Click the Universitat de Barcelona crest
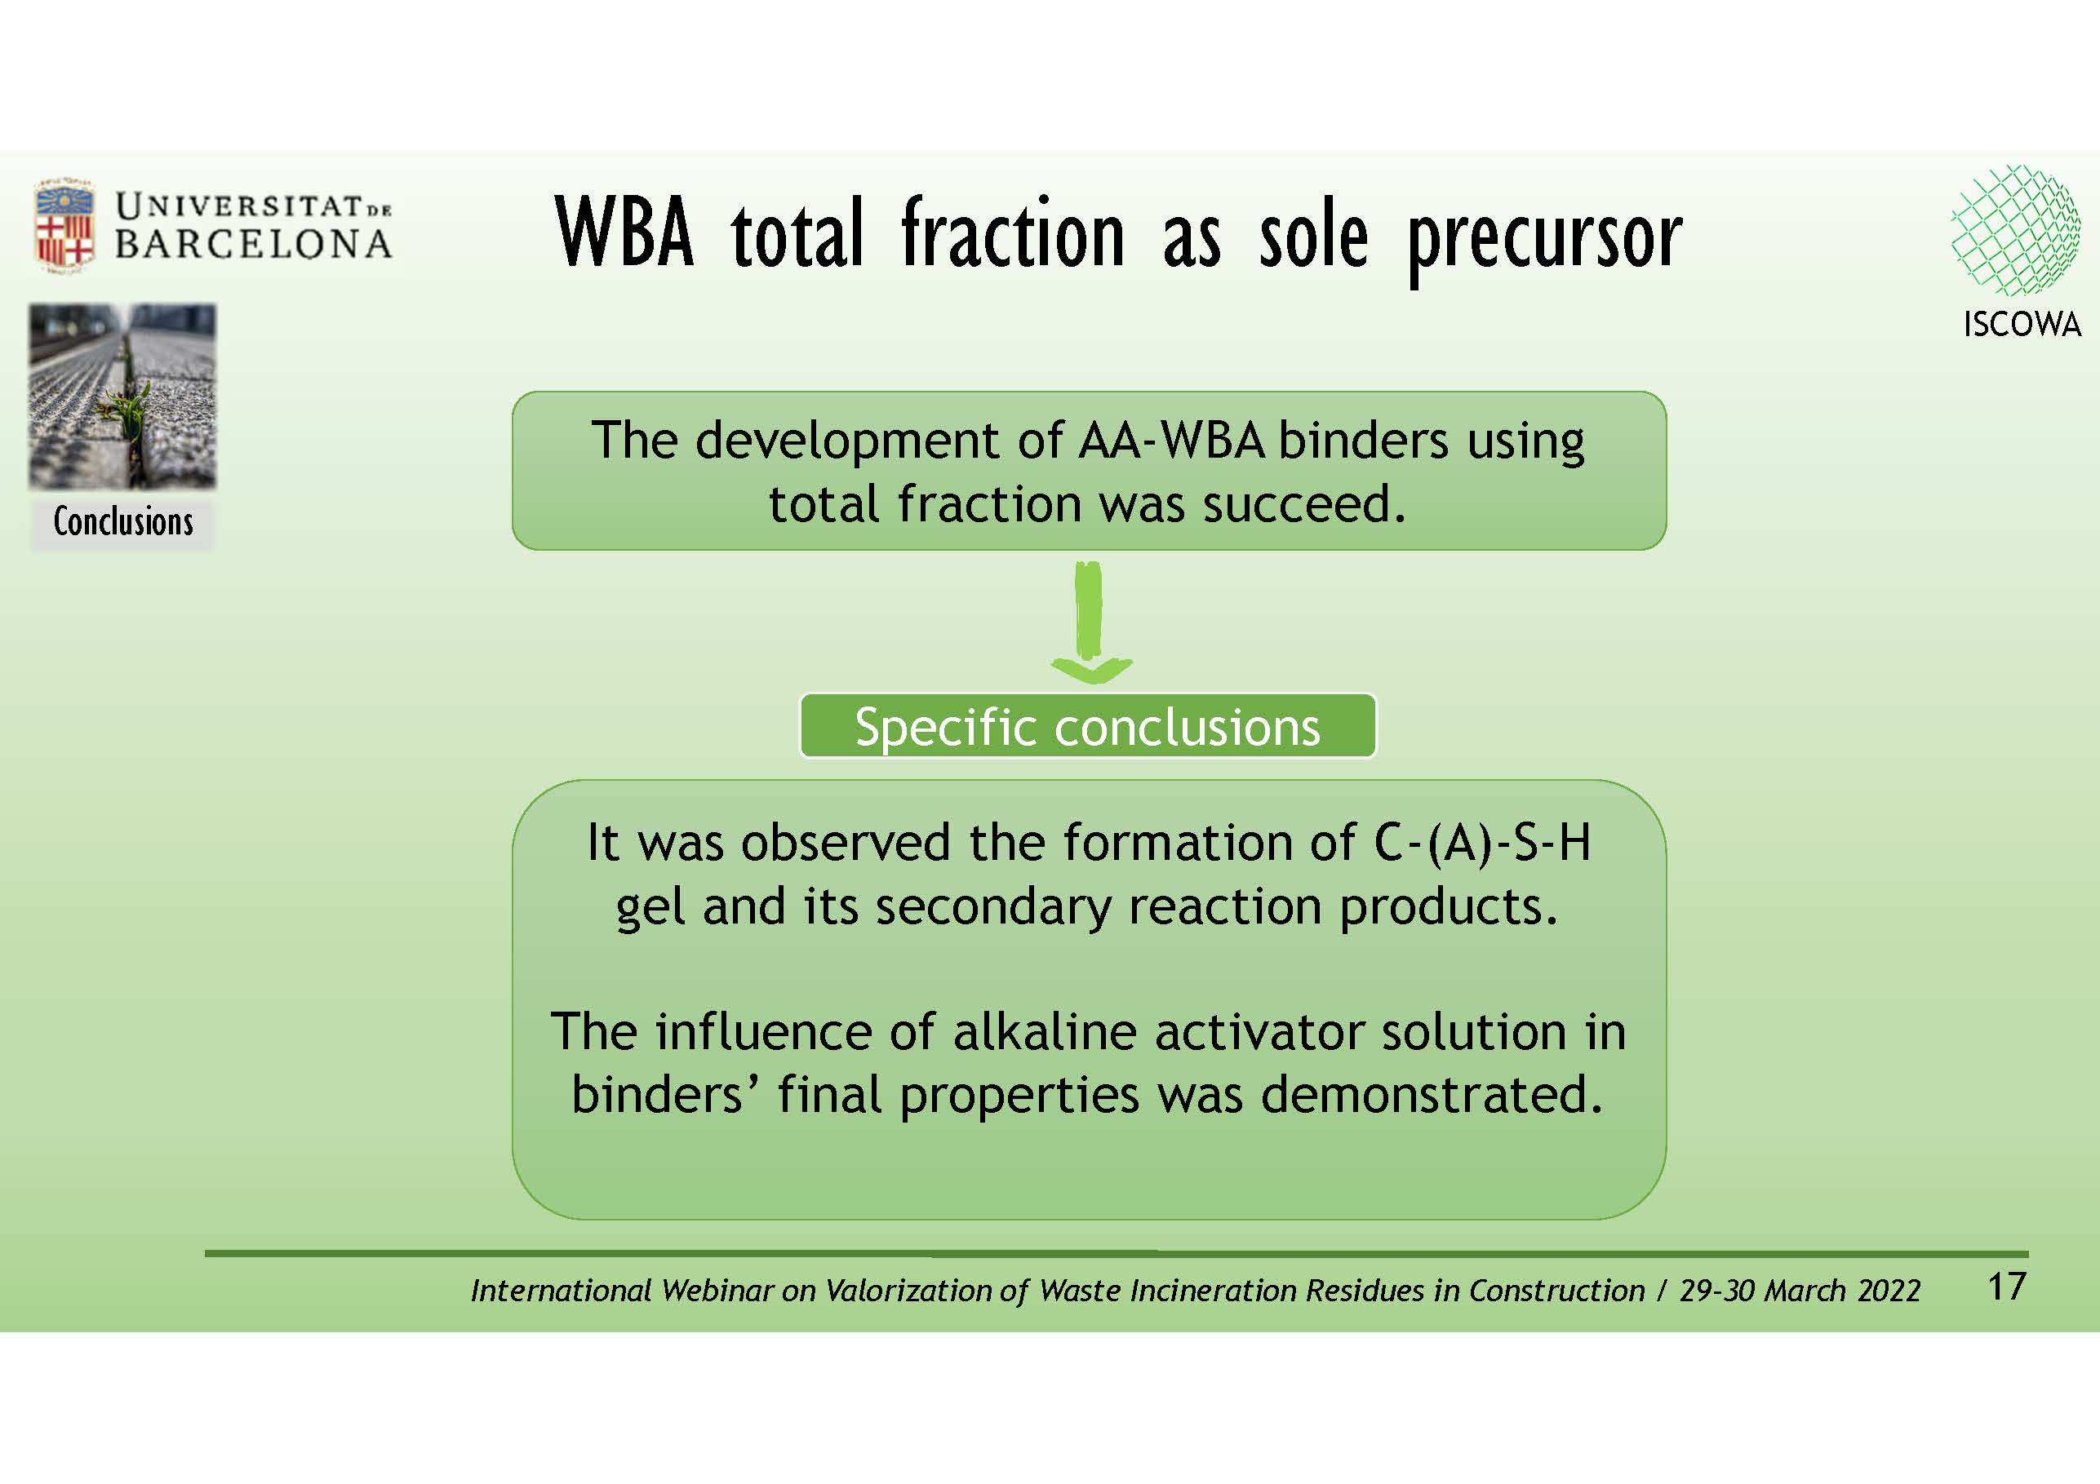(64, 225)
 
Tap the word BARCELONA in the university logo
(253, 244)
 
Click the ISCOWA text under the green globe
(2022, 324)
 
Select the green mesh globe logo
(2015, 229)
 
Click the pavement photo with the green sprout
(122, 396)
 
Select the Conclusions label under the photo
(122, 521)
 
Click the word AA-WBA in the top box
(1172, 441)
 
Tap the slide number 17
(2007, 1287)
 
